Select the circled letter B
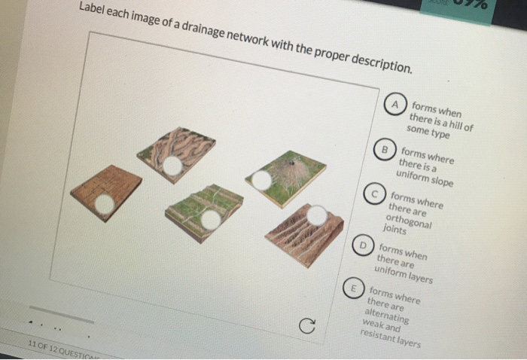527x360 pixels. pyautogui.click(x=385, y=148)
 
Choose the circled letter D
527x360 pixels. pyautogui.click(x=364, y=245)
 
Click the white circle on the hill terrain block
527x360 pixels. pyautogui.click(x=261, y=180)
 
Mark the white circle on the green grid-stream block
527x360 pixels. pyautogui.click(x=212, y=219)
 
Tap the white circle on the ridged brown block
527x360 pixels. pyautogui.click(x=318, y=216)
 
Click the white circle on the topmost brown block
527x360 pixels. pyautogui.click(x=172, y=165)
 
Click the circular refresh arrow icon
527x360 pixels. pyautogui.click(x=305, y=325)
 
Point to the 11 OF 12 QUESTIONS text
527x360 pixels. pyautogui.click(x=56, y=349)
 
